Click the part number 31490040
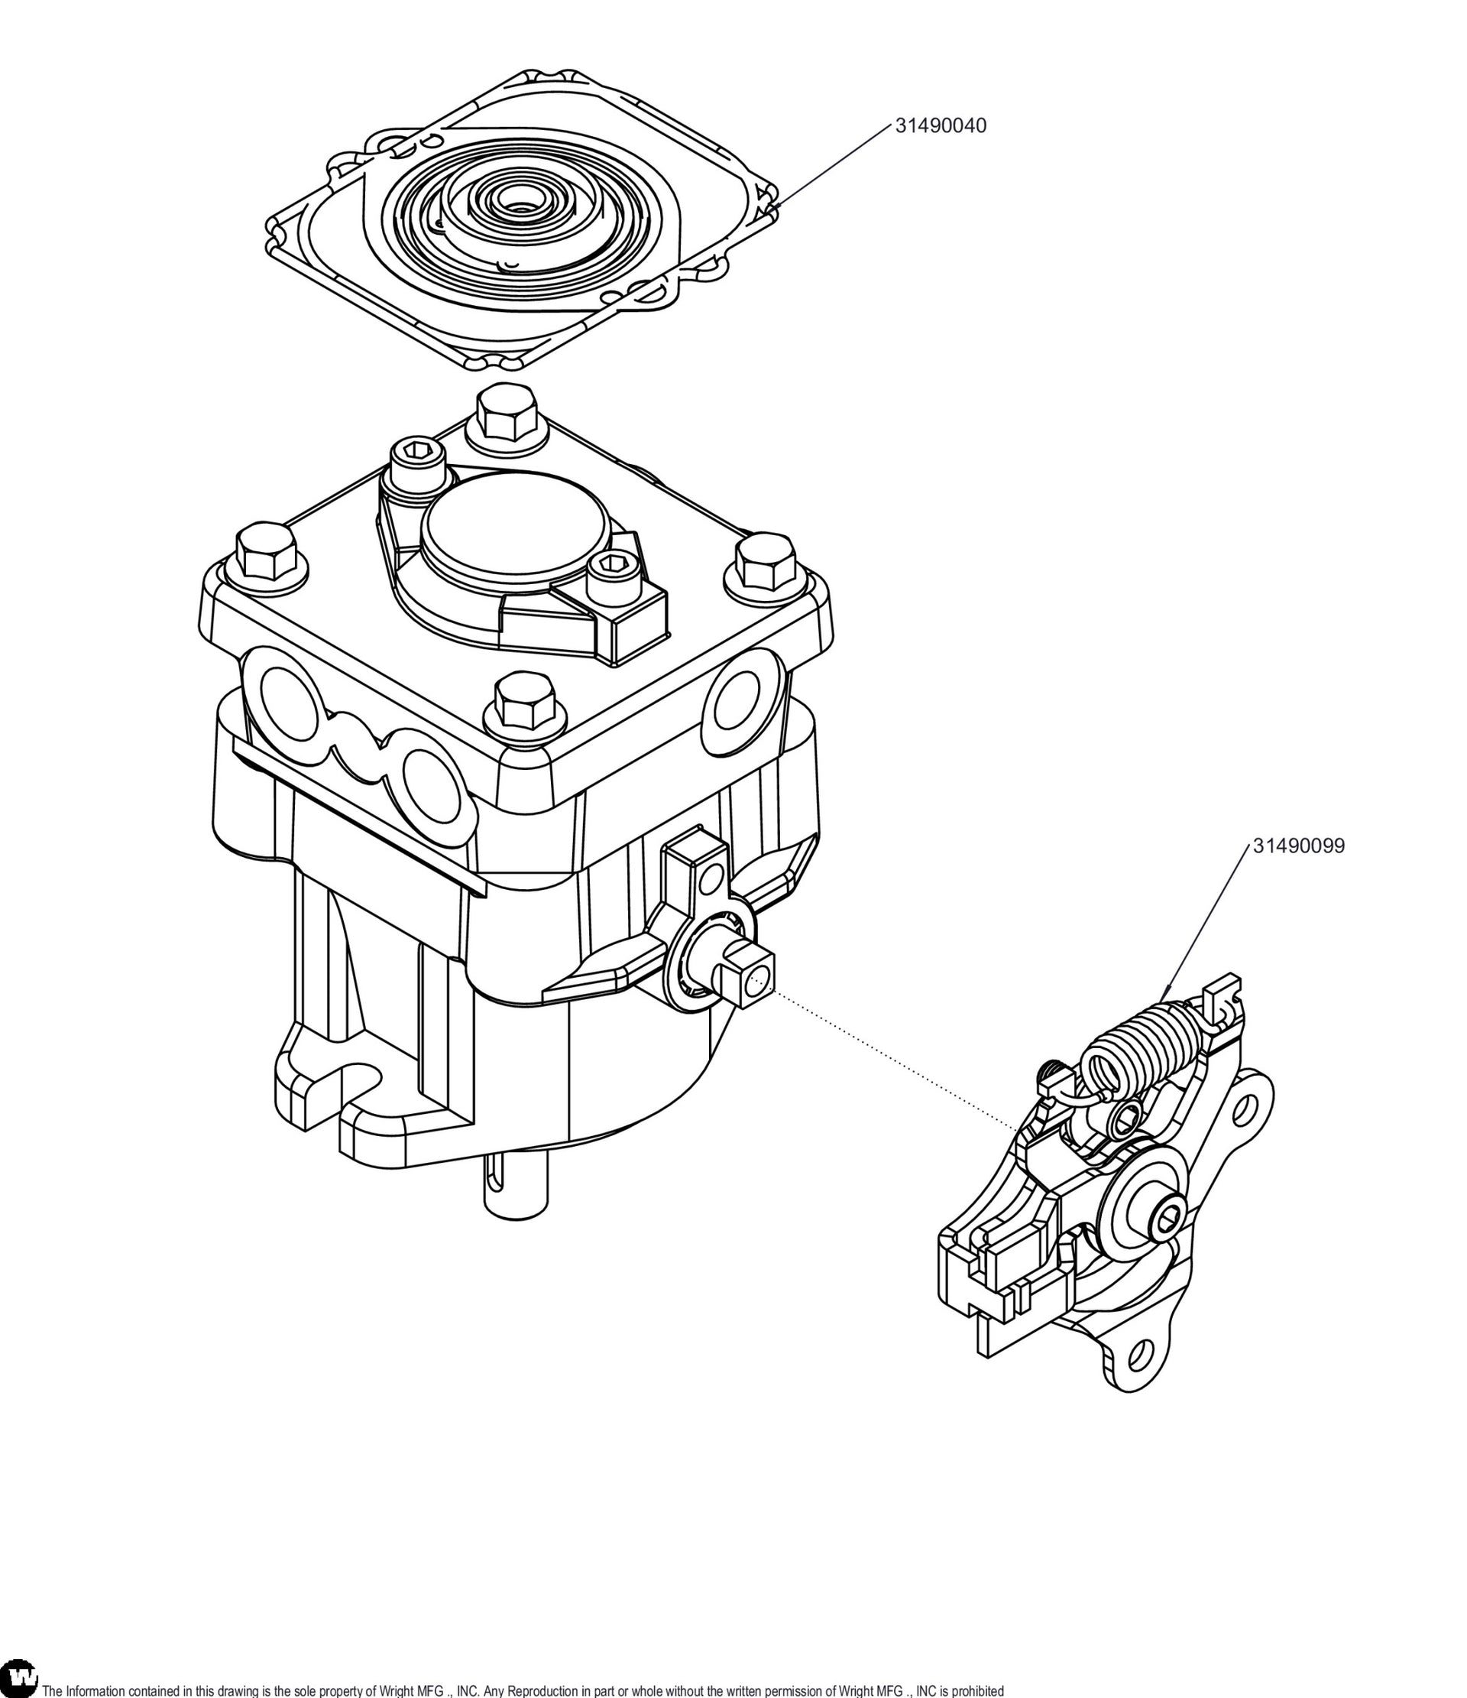[x=941, y=126]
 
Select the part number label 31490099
[x=1298, y=846]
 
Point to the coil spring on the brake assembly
[x=1139, y=1050]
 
